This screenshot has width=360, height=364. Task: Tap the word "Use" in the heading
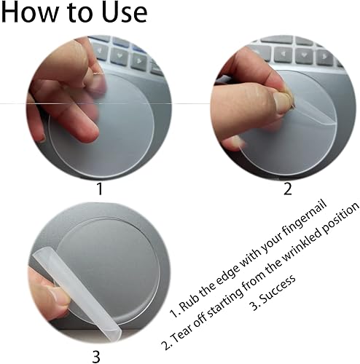(x=124, y=12)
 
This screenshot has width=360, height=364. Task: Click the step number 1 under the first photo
(x=100, y=189)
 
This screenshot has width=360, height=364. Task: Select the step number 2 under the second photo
(x=287, y=189)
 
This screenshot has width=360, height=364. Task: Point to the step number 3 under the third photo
(x=96, y=357)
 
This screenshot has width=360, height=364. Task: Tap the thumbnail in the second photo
(x=282, y=103)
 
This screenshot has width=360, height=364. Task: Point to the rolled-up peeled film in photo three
(x=77, y=294)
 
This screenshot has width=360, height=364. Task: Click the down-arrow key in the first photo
(x=119, y=56)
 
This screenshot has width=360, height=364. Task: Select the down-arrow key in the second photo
(x=304, y=55)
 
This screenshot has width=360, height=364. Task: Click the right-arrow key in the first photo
(x=138, y=60)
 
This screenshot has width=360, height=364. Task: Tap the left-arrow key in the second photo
(x=283, y=54)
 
